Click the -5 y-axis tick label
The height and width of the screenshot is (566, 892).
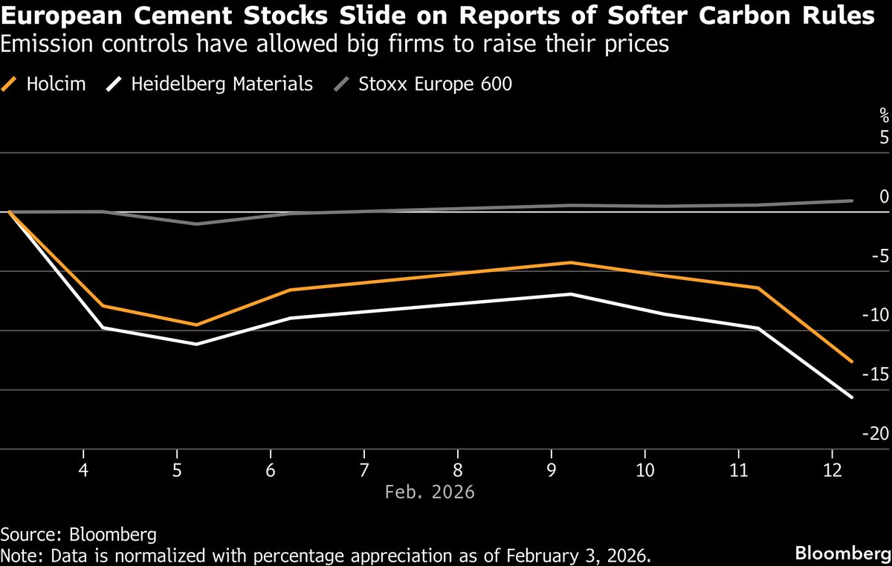pyautogui.click(x=879, y=256)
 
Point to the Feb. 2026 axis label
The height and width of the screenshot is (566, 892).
pyautogui.click(x=430, y=492)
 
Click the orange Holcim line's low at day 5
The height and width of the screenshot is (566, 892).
pyautogui.click(x=196, y=325)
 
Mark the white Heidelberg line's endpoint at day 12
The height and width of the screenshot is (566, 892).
pyautogui.click(x=852, y=397)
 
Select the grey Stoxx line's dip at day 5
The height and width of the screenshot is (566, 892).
pyautogui.click(x=196, y=224)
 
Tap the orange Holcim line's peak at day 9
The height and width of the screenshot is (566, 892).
pyautogui.click(x=570, y=262)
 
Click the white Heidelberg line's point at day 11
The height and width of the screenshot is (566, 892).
pyautogui.click(x=758, y=328)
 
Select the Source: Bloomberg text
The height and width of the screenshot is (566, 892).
pyautogui.click(x=79, y=534)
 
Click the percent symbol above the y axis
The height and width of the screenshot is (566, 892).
pyautogui.click(x=884, y=114)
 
